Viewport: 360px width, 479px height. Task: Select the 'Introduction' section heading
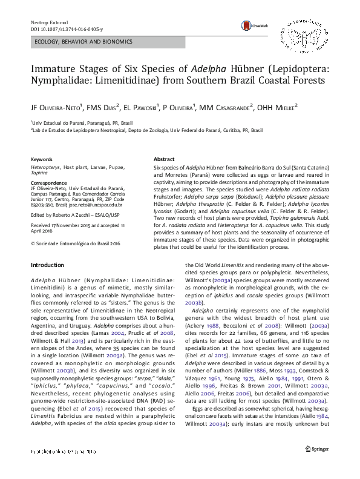(47, 265)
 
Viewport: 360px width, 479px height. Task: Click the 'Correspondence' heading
(50, 182)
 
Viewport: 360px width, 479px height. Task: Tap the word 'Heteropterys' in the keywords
(48, 165)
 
